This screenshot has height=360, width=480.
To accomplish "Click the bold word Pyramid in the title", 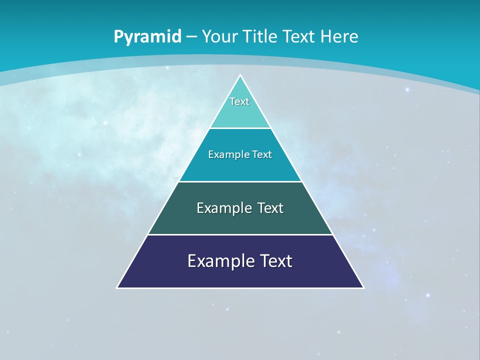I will click(147, 37).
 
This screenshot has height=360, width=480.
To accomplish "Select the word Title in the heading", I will click(260, 36).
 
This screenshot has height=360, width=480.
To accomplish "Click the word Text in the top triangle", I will click(239, 101).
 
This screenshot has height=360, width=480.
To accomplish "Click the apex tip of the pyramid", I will click(240, 76).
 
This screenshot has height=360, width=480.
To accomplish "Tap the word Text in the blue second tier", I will click(262, 155).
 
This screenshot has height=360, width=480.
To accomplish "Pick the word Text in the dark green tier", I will click(270, 208).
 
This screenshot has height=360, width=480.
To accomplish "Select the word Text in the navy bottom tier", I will click(275, 261).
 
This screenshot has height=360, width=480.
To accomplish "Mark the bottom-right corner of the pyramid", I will click(363, 287).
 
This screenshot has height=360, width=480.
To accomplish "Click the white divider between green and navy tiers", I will click(240, 234).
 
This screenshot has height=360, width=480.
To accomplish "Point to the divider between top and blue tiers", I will click(240, 128).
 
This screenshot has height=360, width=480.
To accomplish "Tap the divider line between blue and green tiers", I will click(240, 181).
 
